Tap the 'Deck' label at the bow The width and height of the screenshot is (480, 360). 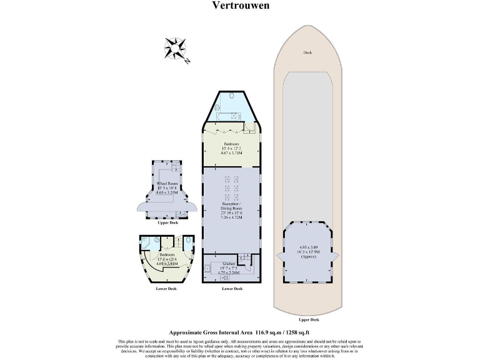point(307,53)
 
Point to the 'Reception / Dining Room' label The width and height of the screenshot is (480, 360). point(229,207)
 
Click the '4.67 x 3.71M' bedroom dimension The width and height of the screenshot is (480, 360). point(229,153)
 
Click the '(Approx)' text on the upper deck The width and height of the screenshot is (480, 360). point(307,257)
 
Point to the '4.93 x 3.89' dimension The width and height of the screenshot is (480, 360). point(307,247)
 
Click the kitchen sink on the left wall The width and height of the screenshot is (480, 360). point(206,270)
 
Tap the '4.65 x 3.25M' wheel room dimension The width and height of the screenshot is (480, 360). point(167,194)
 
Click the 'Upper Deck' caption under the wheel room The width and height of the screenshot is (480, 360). point(167,222)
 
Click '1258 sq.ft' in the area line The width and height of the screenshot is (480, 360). point(292,333)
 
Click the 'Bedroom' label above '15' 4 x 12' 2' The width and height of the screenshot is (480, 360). point(229,143)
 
